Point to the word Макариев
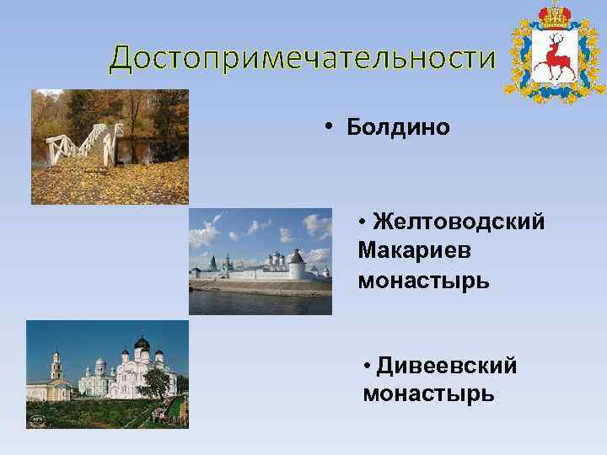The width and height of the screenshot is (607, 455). click(414, 250)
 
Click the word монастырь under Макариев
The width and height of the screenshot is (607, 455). click(423, 279)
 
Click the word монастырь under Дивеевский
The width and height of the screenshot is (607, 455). click(428, 393)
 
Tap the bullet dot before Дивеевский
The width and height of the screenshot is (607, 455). click(368, 366)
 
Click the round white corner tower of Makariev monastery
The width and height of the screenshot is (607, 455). click(295, 266)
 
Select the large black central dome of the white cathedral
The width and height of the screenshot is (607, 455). click(142, 345)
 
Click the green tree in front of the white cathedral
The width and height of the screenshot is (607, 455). click(155, 384)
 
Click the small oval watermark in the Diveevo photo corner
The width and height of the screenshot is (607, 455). click(36, 418)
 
